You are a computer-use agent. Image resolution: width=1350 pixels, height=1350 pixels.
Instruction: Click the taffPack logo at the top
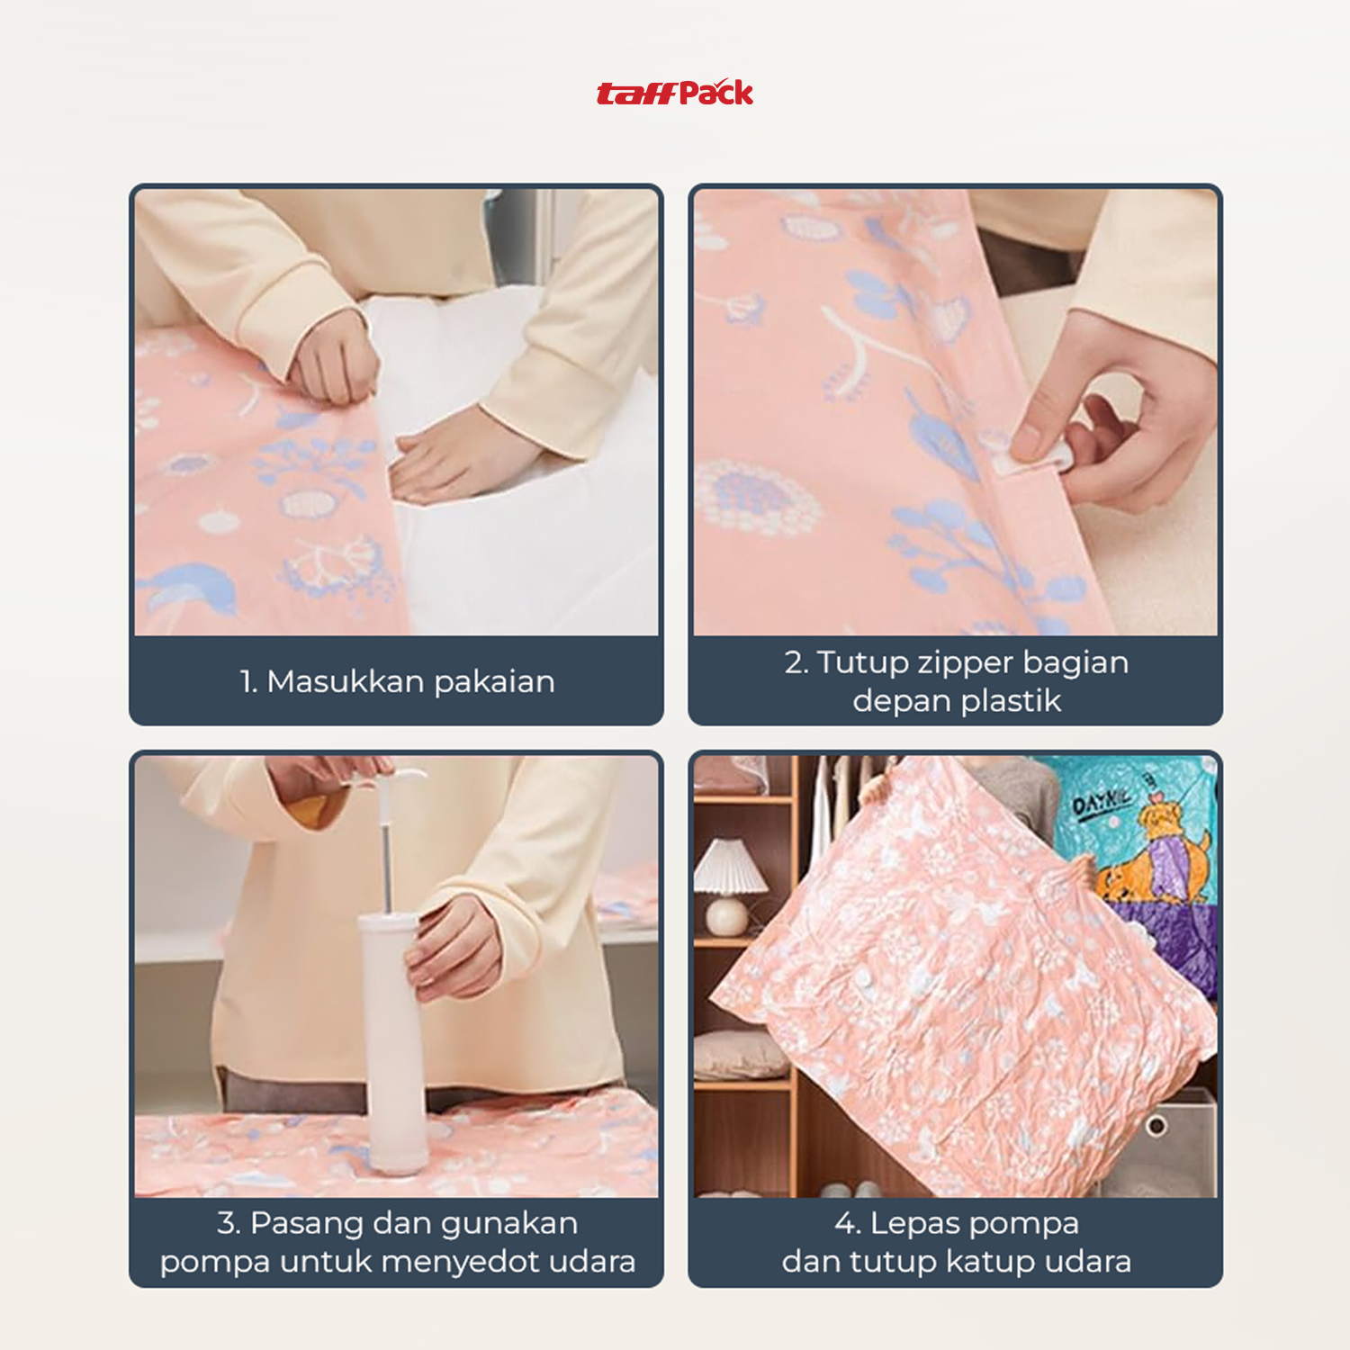pyautogui.click(x=675, y=93)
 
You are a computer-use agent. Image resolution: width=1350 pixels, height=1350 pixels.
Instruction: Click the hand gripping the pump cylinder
pyautogui.click(x=454, y=949)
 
